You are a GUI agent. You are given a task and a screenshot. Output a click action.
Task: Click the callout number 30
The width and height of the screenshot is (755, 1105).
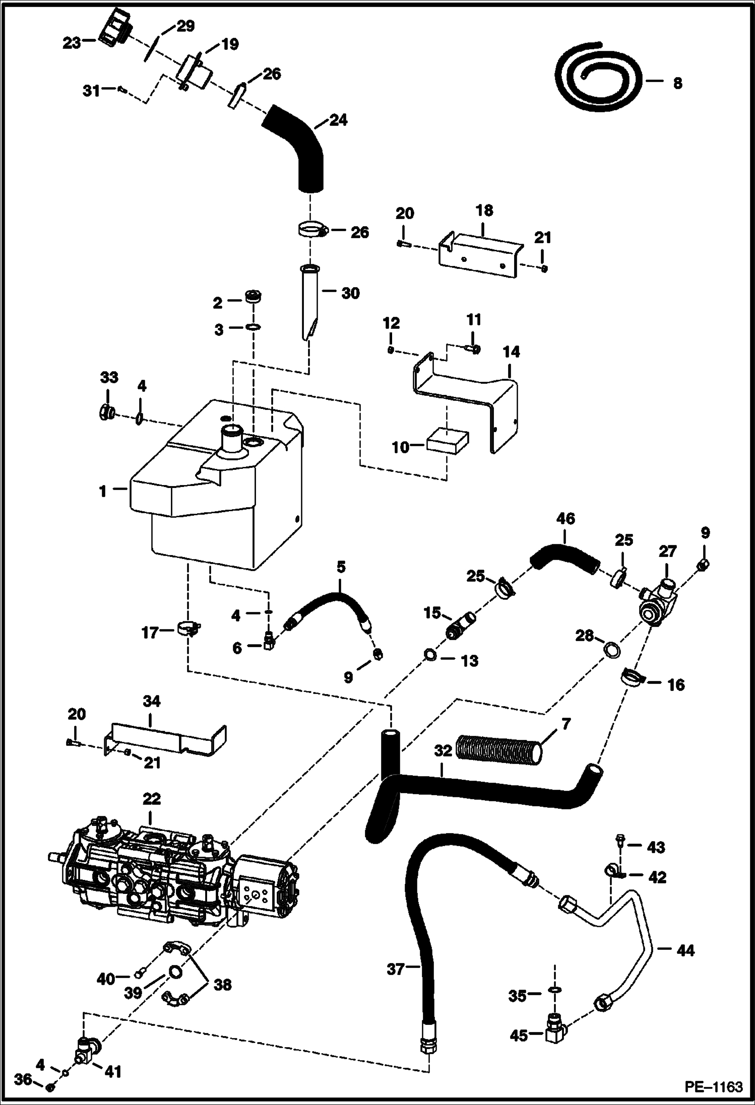(350, 293)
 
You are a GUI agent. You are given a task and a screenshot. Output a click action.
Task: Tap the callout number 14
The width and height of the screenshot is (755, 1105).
(511, 352)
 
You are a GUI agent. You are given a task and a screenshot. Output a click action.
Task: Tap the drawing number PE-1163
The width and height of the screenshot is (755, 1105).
(713, 1086)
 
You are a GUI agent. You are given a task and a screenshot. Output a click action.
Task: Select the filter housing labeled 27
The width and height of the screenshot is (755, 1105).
(658, 604)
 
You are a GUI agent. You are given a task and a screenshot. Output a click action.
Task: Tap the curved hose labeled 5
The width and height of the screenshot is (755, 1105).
(330, 604)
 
